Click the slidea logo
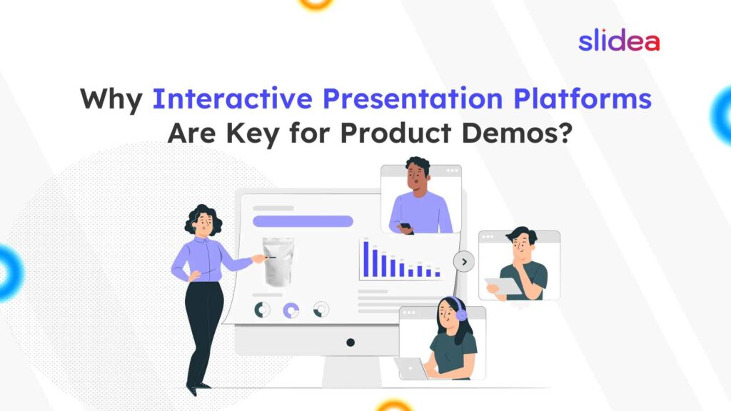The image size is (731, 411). [x=618, y=41]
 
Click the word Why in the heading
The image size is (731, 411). [x=111, y=98]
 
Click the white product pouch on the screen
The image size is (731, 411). [x=278, y=260]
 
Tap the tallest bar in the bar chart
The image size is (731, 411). [x=366, y=259]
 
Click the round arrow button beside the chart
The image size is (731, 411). [x=464, y=262]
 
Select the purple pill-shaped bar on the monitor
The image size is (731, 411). [x=303, y=221]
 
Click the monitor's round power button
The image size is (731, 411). [x=351, y=342]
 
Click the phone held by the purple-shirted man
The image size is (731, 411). [x=404, y=227]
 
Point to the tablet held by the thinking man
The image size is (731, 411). [x=503, y=285]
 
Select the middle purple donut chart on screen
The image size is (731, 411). [x=291, y=310]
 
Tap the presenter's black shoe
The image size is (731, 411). [x=191, y=390]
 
